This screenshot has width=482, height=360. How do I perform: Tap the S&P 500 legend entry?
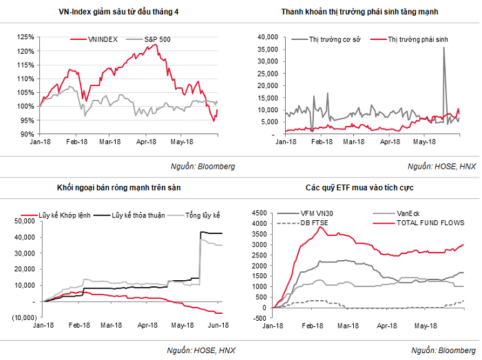pyautogui.click(x=156, y=39)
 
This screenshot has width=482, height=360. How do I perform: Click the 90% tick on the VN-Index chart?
pyautogui.click(x=28, y=134)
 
